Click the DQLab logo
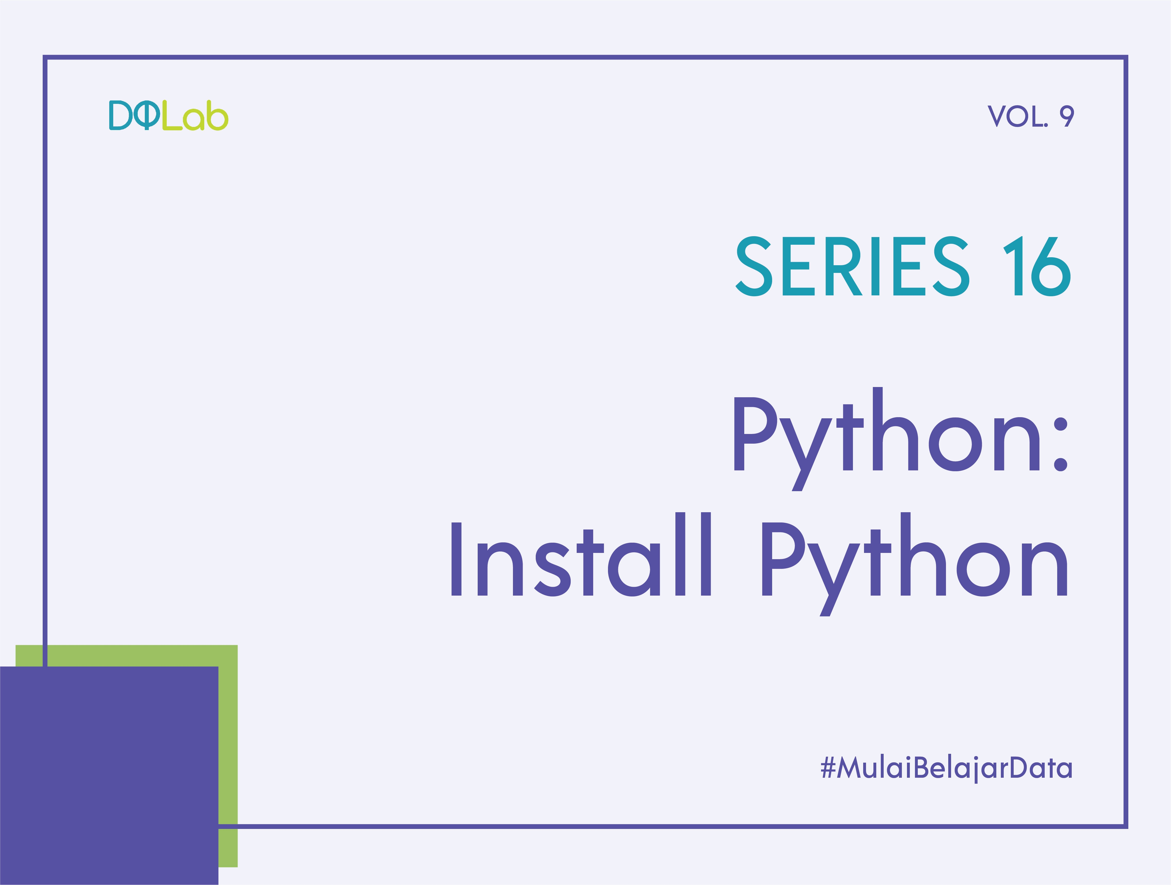[x=168, y=116]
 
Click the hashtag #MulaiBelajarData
[x=946, y=767]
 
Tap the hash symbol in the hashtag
[x=828, y=767]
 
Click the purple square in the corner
[x=108, y=776]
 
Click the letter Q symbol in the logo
[x=147, y=116]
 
